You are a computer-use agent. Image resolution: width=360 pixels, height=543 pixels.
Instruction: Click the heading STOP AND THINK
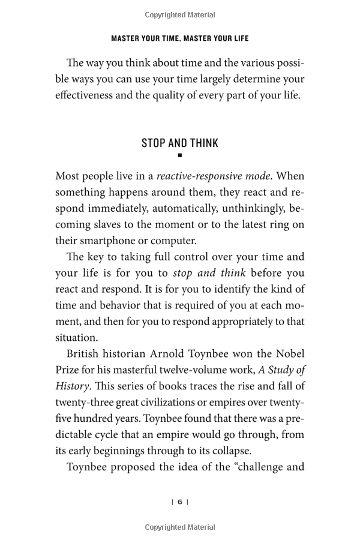tap(179, 143)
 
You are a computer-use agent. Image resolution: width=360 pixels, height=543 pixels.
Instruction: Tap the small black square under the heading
tap(180, 155)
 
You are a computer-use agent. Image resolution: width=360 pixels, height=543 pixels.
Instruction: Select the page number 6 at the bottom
tap(180, 502)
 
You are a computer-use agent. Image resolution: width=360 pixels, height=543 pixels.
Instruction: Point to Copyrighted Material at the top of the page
tap(180, 15)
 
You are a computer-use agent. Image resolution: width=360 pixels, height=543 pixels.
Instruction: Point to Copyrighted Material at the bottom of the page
tap(180, 527)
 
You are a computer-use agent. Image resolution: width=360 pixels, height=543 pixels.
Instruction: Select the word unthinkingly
tap(243, 209)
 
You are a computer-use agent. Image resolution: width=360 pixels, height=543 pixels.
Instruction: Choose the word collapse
tap(252, 450)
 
